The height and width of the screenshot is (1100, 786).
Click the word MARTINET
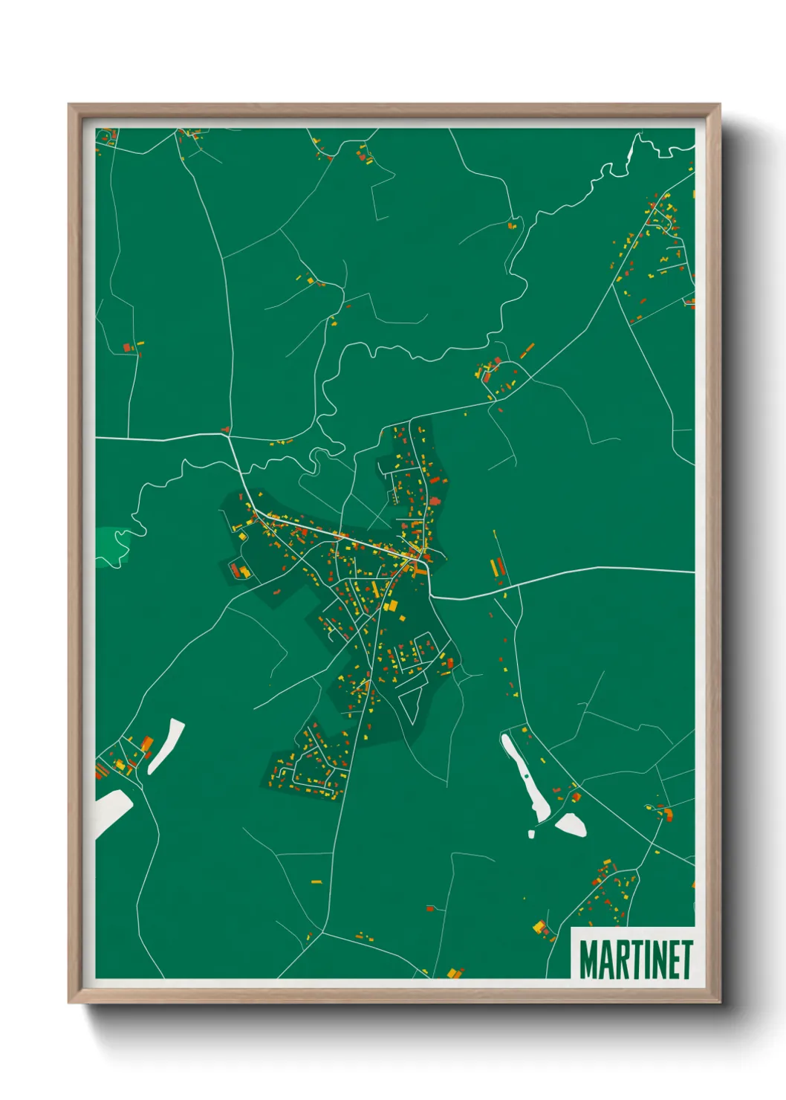click(635, 960)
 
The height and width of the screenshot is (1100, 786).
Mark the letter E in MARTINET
click(671, 960)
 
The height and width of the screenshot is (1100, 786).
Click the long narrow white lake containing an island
click(524, 777)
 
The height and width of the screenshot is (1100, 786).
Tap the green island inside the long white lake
click(527, 776)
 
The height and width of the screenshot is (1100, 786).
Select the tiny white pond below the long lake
click(531, 834)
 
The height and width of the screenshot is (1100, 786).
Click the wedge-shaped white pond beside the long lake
click(571, 824)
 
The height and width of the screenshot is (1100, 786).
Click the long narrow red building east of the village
click(501, 568)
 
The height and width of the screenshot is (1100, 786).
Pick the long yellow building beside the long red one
click(493, 569)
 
